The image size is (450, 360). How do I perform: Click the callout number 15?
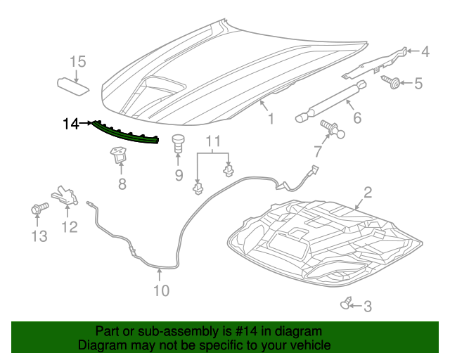click(77, 62)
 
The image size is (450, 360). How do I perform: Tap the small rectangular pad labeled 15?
click(73, 85)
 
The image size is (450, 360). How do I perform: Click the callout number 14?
click(70, 124)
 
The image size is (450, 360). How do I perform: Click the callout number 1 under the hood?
click(271, 120)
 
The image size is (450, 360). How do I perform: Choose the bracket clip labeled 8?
click(118, 156)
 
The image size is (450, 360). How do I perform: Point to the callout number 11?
click(212, 143)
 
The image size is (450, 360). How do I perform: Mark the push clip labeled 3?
click(345, 304)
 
